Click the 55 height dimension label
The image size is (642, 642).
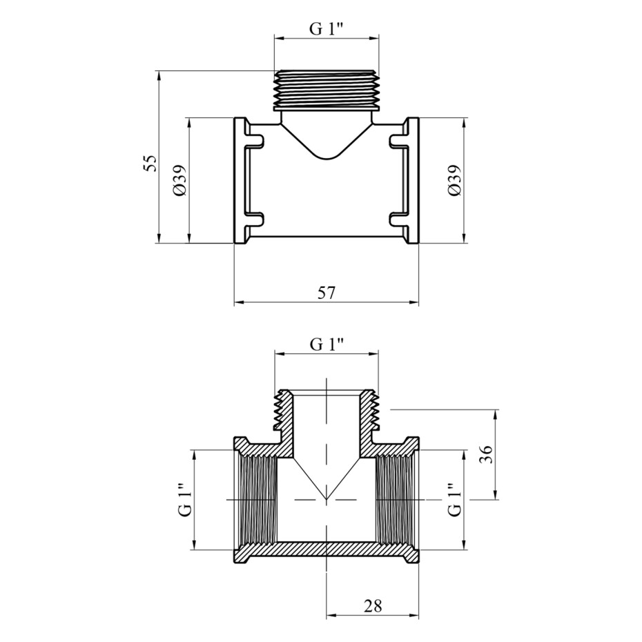pos(151,164)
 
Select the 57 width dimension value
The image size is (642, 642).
pos(327,293)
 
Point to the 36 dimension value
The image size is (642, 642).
pos(485,454)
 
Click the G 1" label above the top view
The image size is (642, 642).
pos(327,30)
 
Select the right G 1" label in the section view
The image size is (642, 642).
pos(454,500)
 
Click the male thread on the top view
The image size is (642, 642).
pos(327,90)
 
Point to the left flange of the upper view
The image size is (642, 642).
pos(241,181)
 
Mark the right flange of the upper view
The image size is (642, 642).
pos(412,181)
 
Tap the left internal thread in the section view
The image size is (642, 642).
pos(257,500)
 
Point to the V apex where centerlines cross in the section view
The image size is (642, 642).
pos(327,500)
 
